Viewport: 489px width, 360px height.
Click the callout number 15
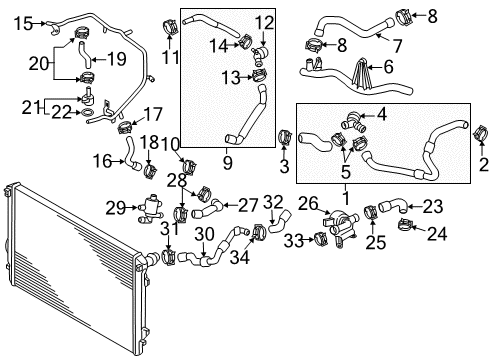(x=23, y=24)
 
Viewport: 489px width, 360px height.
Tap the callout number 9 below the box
(x=228, y=163)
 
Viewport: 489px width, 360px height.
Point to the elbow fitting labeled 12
(x=260, y=55)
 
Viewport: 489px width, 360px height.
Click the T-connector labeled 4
(x=353, y=122)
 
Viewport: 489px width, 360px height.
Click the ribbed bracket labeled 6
(x=362, y=74)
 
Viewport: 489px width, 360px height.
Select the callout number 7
(x=397, y=46)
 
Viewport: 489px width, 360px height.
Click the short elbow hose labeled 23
(x=393, y=205)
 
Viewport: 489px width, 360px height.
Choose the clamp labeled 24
(x=405, y=225)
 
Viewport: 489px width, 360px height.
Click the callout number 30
(x=204, y=234)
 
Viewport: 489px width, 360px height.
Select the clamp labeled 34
(x=259, y=233)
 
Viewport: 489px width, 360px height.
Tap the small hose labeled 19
(x=84, y=55)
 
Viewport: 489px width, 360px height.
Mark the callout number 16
(x=102, y=162)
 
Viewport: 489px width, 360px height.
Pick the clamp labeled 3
(x=285, y=137)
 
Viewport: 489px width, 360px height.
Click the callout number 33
(x=294, y=241)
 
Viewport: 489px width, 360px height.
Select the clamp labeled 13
(x=259, y=75)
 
